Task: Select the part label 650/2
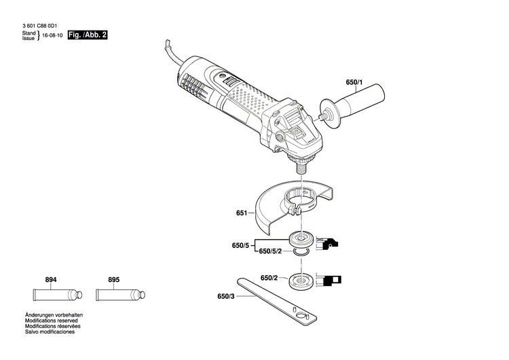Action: coord(269,278)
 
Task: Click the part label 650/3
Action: coord(227,295)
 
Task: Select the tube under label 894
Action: coord(58,296)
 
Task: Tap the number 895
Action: coord(114,280)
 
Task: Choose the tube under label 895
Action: coord(119,296)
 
